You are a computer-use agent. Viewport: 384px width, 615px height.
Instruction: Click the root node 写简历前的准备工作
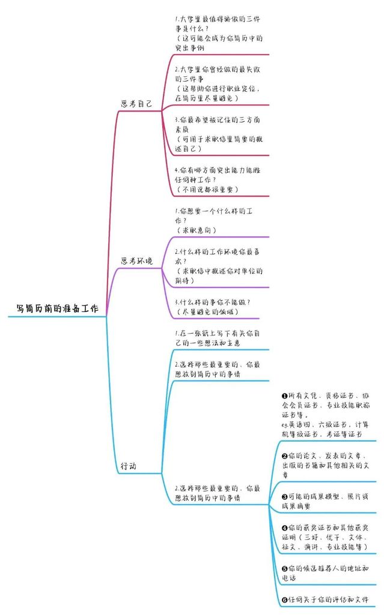tap(57, 308)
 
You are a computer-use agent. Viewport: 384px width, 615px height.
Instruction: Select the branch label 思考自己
tap(136, 104)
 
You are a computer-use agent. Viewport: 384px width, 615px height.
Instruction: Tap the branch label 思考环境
tap(136, 261)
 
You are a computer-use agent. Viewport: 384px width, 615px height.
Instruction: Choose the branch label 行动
tap(129, 466)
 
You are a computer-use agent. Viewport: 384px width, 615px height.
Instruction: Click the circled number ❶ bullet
tap(285, 396)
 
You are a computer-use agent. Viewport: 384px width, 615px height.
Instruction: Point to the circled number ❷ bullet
tap(285, 456)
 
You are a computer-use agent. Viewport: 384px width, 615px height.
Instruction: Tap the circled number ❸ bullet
tap(285, 497)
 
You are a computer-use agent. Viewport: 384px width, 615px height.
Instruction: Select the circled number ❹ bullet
tap(285, 528)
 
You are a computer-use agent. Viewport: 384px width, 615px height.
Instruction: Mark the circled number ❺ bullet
tap(285, 568)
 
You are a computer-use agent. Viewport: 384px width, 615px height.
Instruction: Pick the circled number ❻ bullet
tap(285, 600)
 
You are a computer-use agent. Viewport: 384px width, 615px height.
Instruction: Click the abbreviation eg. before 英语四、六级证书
tap(285, 425)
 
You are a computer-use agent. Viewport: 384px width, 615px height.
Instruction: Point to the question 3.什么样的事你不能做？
tap(212, 302)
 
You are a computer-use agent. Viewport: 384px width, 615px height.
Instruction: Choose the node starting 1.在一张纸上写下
tap(218, 338)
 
